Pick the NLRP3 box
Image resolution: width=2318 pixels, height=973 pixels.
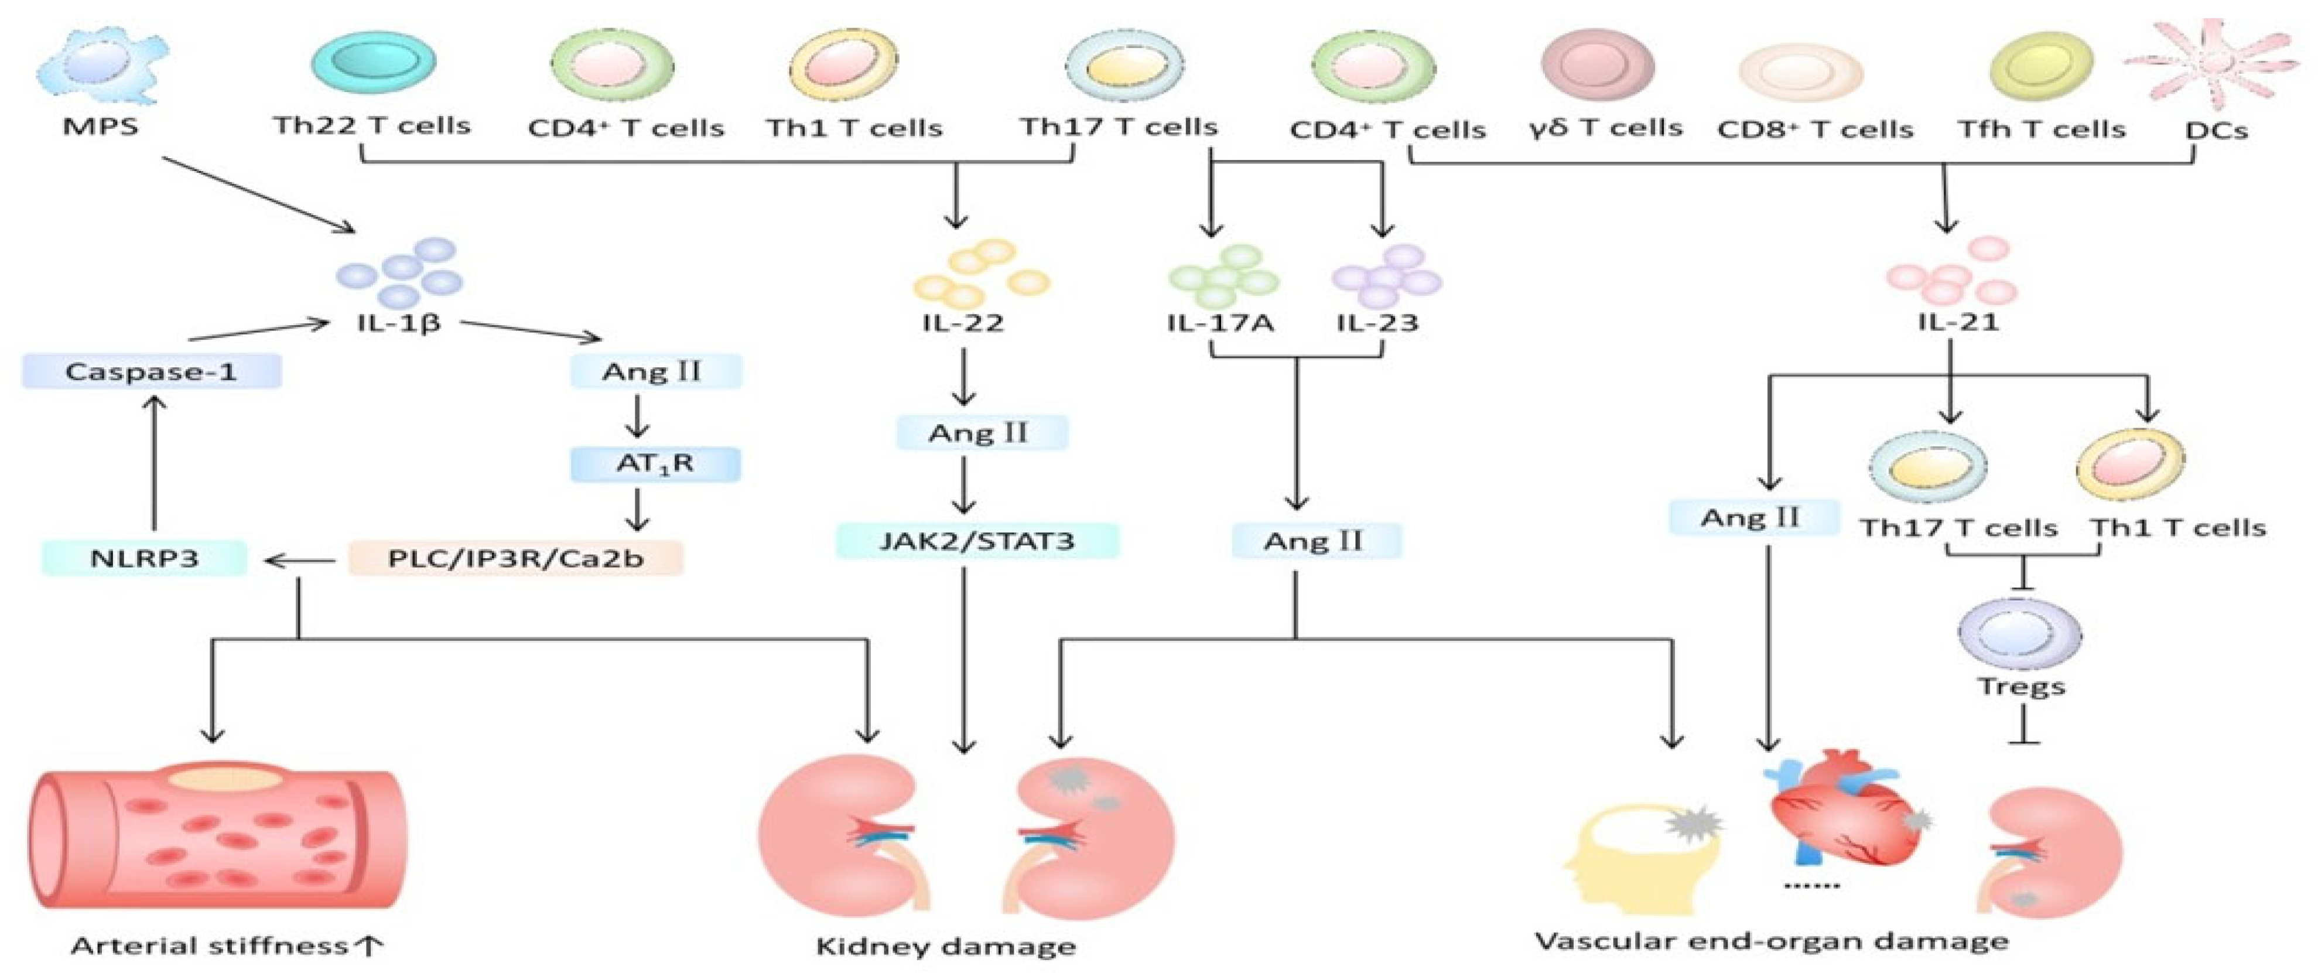144,558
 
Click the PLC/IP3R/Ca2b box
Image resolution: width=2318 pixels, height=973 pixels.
515,558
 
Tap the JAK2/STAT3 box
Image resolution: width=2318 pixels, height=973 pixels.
977,541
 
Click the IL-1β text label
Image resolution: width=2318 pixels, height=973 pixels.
399,322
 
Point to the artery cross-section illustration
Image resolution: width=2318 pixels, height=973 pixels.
216,837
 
